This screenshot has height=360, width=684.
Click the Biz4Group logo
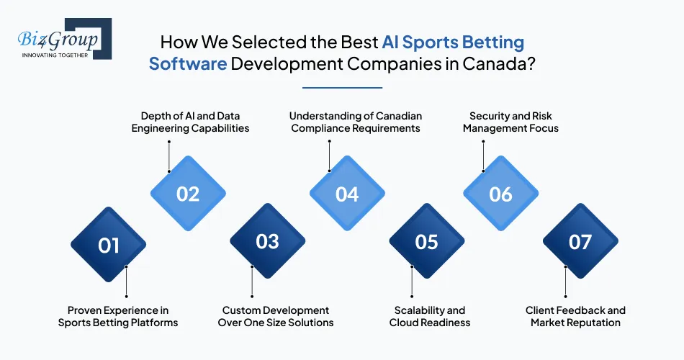[65, 39]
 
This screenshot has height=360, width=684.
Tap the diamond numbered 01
[108, 244]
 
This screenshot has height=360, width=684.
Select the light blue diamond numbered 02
[188, 193]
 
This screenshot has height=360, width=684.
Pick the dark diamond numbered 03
[267, 241]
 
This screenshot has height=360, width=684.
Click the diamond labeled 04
[347, 193]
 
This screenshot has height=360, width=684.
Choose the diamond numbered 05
[427, 241]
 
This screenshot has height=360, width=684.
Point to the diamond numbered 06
[501, 193]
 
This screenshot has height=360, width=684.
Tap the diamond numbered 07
[580, 241]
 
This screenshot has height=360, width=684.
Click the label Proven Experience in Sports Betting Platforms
[118, 316]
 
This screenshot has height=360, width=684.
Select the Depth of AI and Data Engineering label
[190, 122]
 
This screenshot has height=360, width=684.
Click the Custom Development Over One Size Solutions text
[276, 316]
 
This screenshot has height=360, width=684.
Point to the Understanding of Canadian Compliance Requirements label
[356, 122]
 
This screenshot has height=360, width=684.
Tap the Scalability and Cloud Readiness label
[430, 316]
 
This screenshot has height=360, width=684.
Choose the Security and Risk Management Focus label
[510, 122]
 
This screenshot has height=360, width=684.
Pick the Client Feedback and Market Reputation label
[575, 316]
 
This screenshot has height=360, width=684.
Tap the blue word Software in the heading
[188, 63]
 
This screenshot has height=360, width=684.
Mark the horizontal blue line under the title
[343, 88]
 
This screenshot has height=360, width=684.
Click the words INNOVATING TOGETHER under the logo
[55, 55]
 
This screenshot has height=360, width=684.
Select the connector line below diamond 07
[565, 282]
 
